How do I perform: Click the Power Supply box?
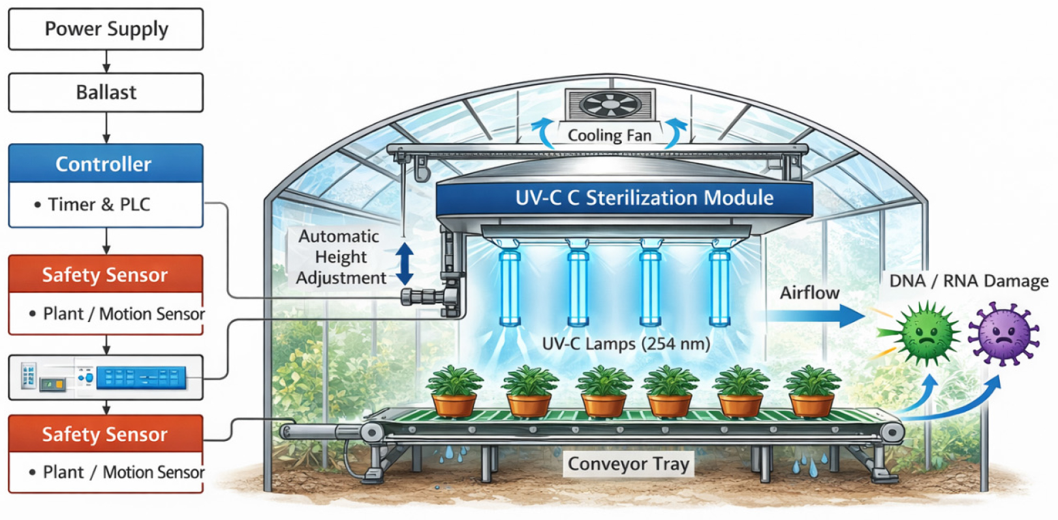[x=106, y=29]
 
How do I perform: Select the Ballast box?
[x=106, y=92]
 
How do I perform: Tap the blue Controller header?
[x=106, y=163]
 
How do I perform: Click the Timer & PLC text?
[x=99, y=204]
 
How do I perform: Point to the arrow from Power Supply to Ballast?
[x=106, y=61]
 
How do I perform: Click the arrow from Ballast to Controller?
[x=106, y=127]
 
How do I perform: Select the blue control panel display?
[x=141, y=378]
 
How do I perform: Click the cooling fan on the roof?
[x=610, y=105]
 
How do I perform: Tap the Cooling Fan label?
[x=610, y=136]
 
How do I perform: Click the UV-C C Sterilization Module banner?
[x=624, y=198]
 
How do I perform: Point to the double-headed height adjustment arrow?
[x=405, y=264]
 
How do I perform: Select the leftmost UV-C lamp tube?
[x=510, y=288]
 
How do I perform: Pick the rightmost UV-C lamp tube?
[x=719, y=288]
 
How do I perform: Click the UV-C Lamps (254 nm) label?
[x=626, y=344]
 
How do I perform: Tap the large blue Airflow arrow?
[x=815, y=316]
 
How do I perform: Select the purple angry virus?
[x=1004, y=334]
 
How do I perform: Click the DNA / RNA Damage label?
[x=969, y=281]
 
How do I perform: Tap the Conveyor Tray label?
[x=629, y=464]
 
